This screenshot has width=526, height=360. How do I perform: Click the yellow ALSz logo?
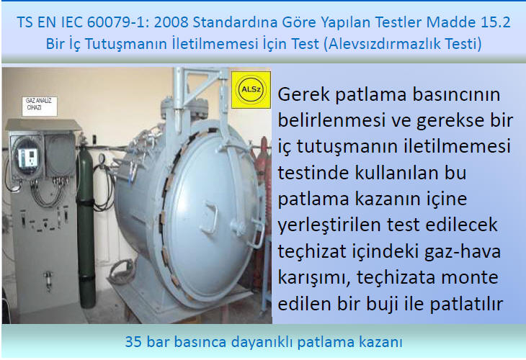pos(251,89)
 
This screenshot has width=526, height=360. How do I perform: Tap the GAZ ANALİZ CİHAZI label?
pos(40,106)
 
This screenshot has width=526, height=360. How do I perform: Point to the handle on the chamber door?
pos(210,217)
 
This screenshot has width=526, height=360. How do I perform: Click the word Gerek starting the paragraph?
pos(304,94)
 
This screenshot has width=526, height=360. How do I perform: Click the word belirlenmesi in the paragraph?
pos(331,121)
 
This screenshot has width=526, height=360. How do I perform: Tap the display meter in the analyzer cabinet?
pos(27,158)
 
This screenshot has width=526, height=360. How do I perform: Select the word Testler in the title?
pos(398,22)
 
